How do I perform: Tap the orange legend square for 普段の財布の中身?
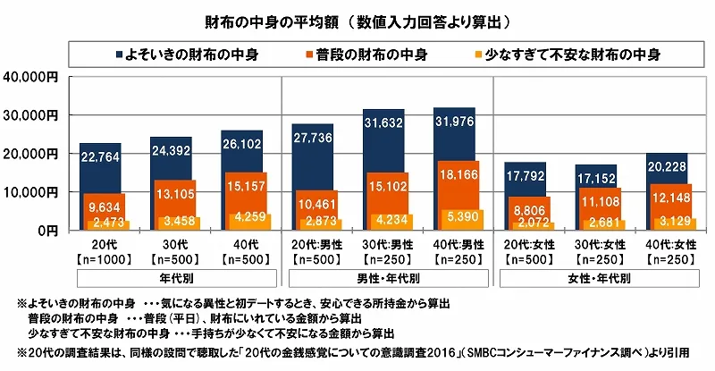305,55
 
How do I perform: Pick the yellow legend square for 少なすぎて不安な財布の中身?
477,55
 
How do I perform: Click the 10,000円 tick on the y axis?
31,192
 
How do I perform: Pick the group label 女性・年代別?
598,278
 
